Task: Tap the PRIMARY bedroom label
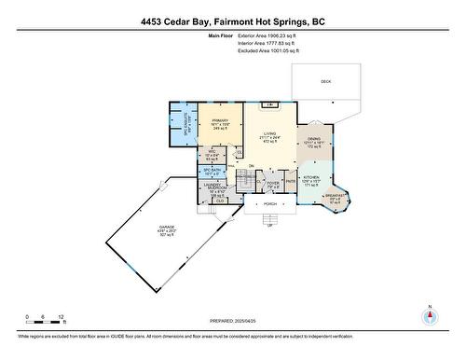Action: point(220,120)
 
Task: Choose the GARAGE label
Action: point(167,226)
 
